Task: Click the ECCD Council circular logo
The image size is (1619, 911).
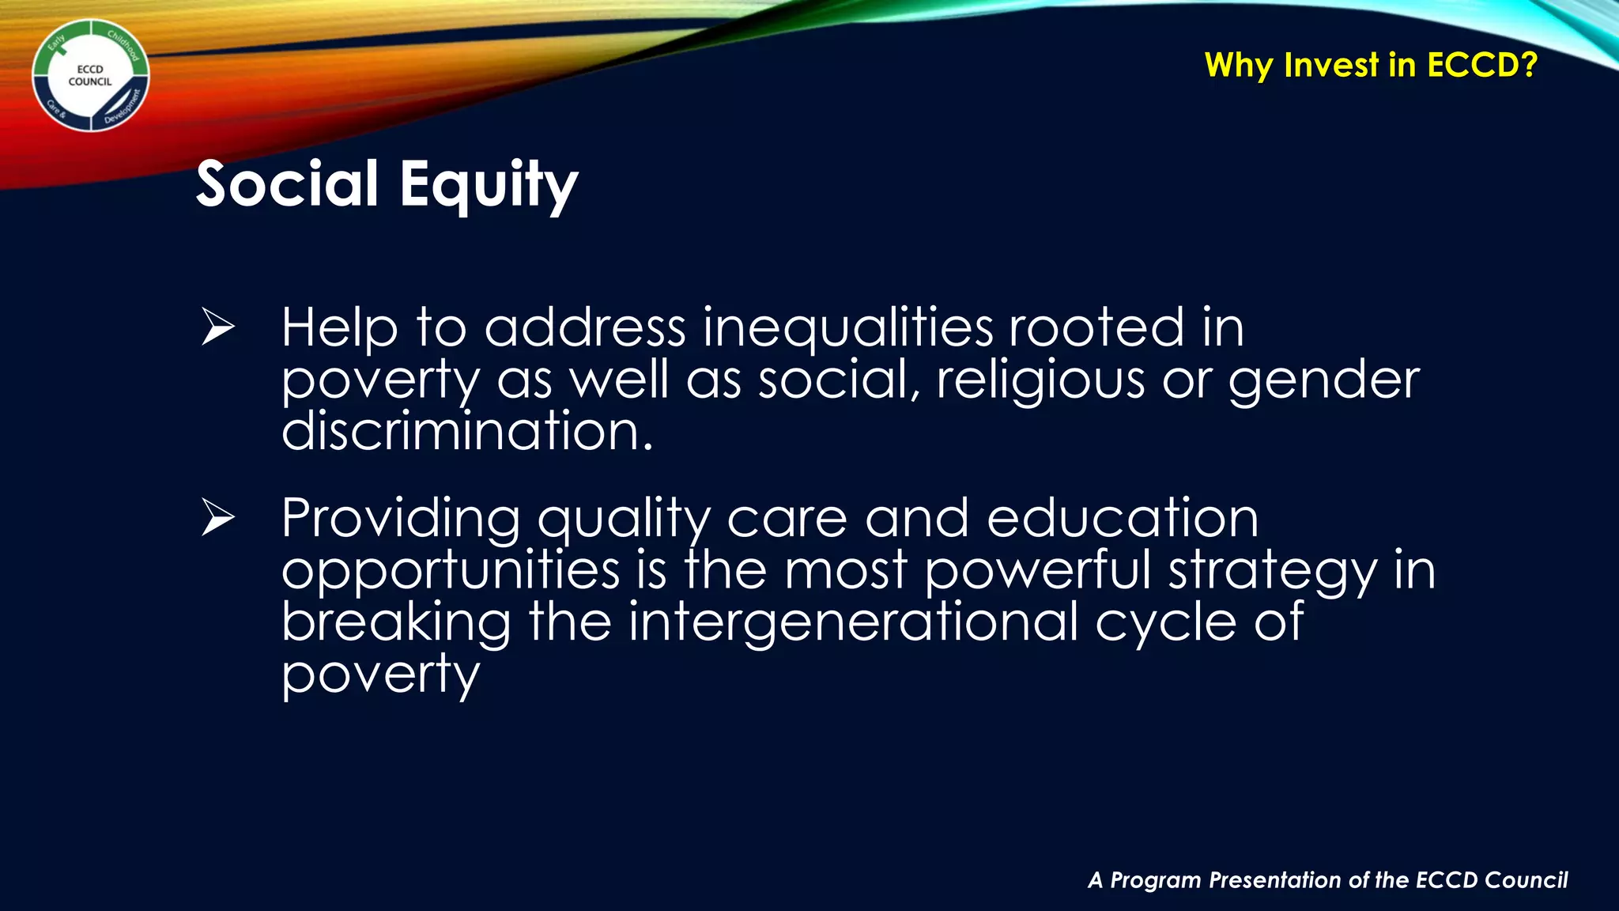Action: [x=90, y=75]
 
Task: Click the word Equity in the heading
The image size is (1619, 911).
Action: [x=489, y=184]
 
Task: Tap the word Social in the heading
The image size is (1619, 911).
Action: [x=287, y=184]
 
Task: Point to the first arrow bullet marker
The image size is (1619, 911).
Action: [x=217, y=327]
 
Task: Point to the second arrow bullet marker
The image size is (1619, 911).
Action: [x=217, y=518]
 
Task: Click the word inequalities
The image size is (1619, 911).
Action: [x=847, y=327]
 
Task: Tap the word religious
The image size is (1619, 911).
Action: [x=1040, y=380]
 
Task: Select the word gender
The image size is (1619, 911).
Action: [x=1323, y=381]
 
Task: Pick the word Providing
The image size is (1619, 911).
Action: [x=401, y=520]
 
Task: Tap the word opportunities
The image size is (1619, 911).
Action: [x=451, y=571]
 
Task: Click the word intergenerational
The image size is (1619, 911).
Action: [x=854, y=622]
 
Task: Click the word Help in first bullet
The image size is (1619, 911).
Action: [x=339, y=329]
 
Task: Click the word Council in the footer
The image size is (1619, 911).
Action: [x=1526, y=880]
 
